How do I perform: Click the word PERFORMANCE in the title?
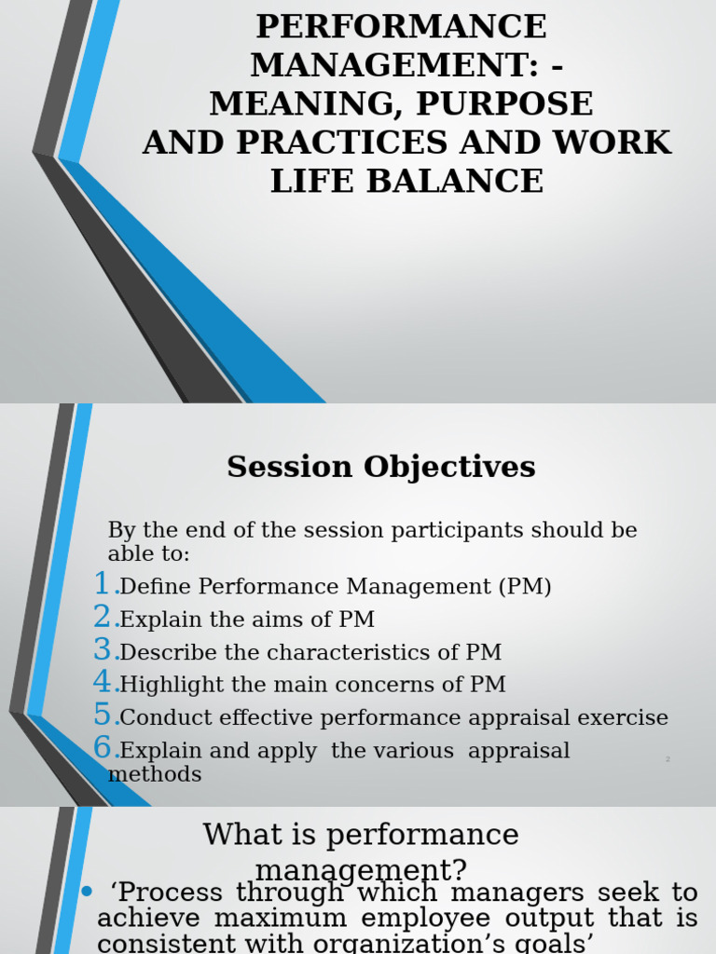click(x=402, y=26)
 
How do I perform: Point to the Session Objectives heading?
click(x=381, y=467)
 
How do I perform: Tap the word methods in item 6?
click(x=155, y=775)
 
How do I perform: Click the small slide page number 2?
click(x=668, y=760)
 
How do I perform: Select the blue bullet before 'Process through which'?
click(x=87, y=893)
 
